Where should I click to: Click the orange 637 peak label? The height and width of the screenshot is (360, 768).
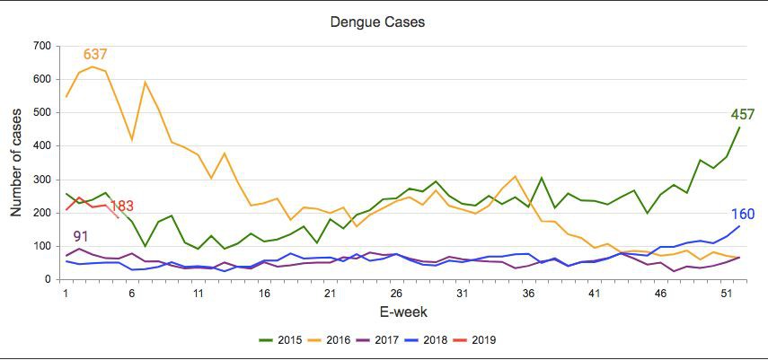[x=96, y=56]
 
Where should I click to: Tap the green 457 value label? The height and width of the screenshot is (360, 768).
[x=742, y=115]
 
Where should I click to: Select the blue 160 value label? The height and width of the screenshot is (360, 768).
[x=742, y=215]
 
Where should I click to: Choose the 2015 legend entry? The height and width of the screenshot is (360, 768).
[x=280, y=340]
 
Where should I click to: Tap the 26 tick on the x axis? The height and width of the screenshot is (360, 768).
[x=395, y=293]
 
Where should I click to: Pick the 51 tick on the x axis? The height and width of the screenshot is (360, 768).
[x=726, y=293]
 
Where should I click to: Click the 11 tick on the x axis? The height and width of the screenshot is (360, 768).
[x=197, y=293]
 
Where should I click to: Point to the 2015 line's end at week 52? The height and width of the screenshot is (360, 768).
[x=738, y=127]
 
